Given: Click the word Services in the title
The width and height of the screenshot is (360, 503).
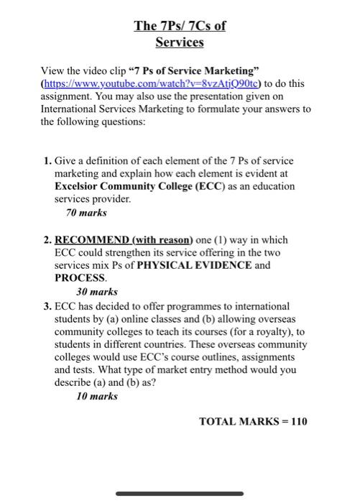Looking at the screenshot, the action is click(x=180, y=42).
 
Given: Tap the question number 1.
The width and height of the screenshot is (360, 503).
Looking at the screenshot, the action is click(x=47, y=160).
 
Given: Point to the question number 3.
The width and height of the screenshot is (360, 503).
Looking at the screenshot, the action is click(x=47, y=305).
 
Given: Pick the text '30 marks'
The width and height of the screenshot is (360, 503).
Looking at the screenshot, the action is click(x=97, y=292).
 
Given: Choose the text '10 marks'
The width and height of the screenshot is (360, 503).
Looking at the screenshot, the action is click(x=97, y=396).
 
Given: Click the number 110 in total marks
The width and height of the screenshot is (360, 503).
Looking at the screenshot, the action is click(x=298, y=421).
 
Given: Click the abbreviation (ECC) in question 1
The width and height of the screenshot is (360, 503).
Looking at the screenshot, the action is click(x=203, y=186).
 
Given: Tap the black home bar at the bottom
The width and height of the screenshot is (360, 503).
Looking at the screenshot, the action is click(x=180, y=493).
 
